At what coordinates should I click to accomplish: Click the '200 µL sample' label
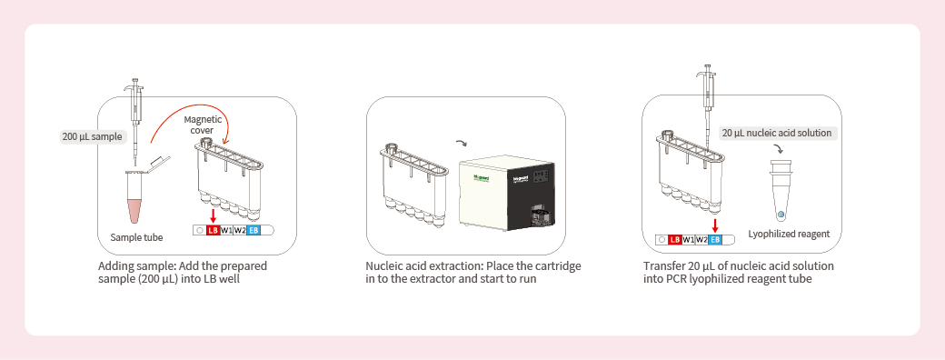tap(92, 137)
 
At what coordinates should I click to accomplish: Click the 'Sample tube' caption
tap(136, 237)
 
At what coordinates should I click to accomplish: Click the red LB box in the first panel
tap(213, 231)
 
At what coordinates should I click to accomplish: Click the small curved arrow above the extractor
tap(461, 144)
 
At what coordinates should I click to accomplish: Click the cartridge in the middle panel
tap(414, 191)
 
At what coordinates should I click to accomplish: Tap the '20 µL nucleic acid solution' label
tap(777, 133)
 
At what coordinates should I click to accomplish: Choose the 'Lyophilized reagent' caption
tap(789, 234)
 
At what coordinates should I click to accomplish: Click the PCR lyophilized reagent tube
tap(781, 192)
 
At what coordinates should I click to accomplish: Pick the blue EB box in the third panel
tap(715, 240)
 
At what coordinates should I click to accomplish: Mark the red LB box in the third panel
tap(674, 240)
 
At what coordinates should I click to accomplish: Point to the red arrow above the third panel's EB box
tap(715, 225)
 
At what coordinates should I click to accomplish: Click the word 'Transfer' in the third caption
tap(661, 266)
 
